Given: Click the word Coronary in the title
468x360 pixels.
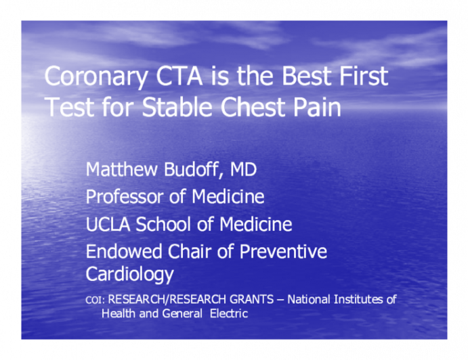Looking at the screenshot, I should pyautogui.click(x=89, y=76).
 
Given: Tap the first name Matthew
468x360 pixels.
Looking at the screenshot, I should pyautogui.click(x=120, y=170).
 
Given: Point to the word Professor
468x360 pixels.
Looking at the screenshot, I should pyautogui.click(x=127, y=197).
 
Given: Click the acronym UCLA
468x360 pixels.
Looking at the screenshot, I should pyautogui.click(x=108, y=225).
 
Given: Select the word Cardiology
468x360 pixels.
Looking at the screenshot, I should pyautogui.click(x=129, y=274).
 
